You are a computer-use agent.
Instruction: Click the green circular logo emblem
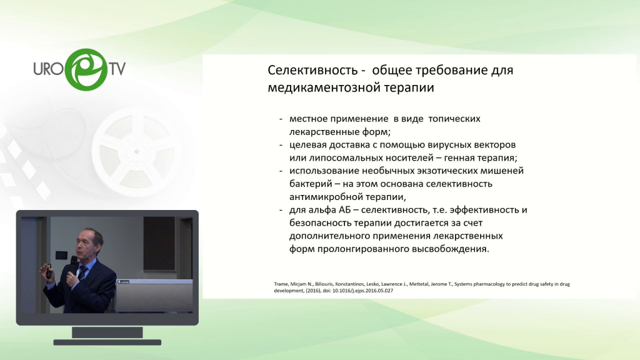pyautogui.click(x=86, y=69)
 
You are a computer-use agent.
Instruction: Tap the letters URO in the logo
pyautogui.click(x=49, y=69)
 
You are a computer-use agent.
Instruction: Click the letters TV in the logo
pyautogui.click(x=117, y=69)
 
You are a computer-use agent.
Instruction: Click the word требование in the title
pyautogui.click(x=452, y=70)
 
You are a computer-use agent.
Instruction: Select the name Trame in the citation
pyautogui.click(x=281, y=284)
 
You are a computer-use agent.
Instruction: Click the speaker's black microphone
pyautogui.click(x=73, y=264)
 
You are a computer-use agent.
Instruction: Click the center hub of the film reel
pyautogui.click(x=136, y=151)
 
